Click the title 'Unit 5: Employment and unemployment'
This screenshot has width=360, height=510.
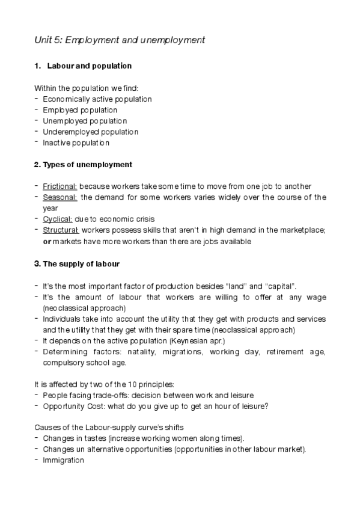pos(120,40)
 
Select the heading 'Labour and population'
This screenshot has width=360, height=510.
pos(89,66)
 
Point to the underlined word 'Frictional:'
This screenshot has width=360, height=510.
pos(60,186)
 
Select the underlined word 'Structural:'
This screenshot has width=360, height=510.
pos(61,230)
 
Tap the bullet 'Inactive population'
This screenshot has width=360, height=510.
pos(76,143)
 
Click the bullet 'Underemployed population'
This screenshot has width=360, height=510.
pos(90,132)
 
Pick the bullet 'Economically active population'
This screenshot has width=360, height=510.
pos(97,99)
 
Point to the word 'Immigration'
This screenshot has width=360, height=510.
pos(63,460)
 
